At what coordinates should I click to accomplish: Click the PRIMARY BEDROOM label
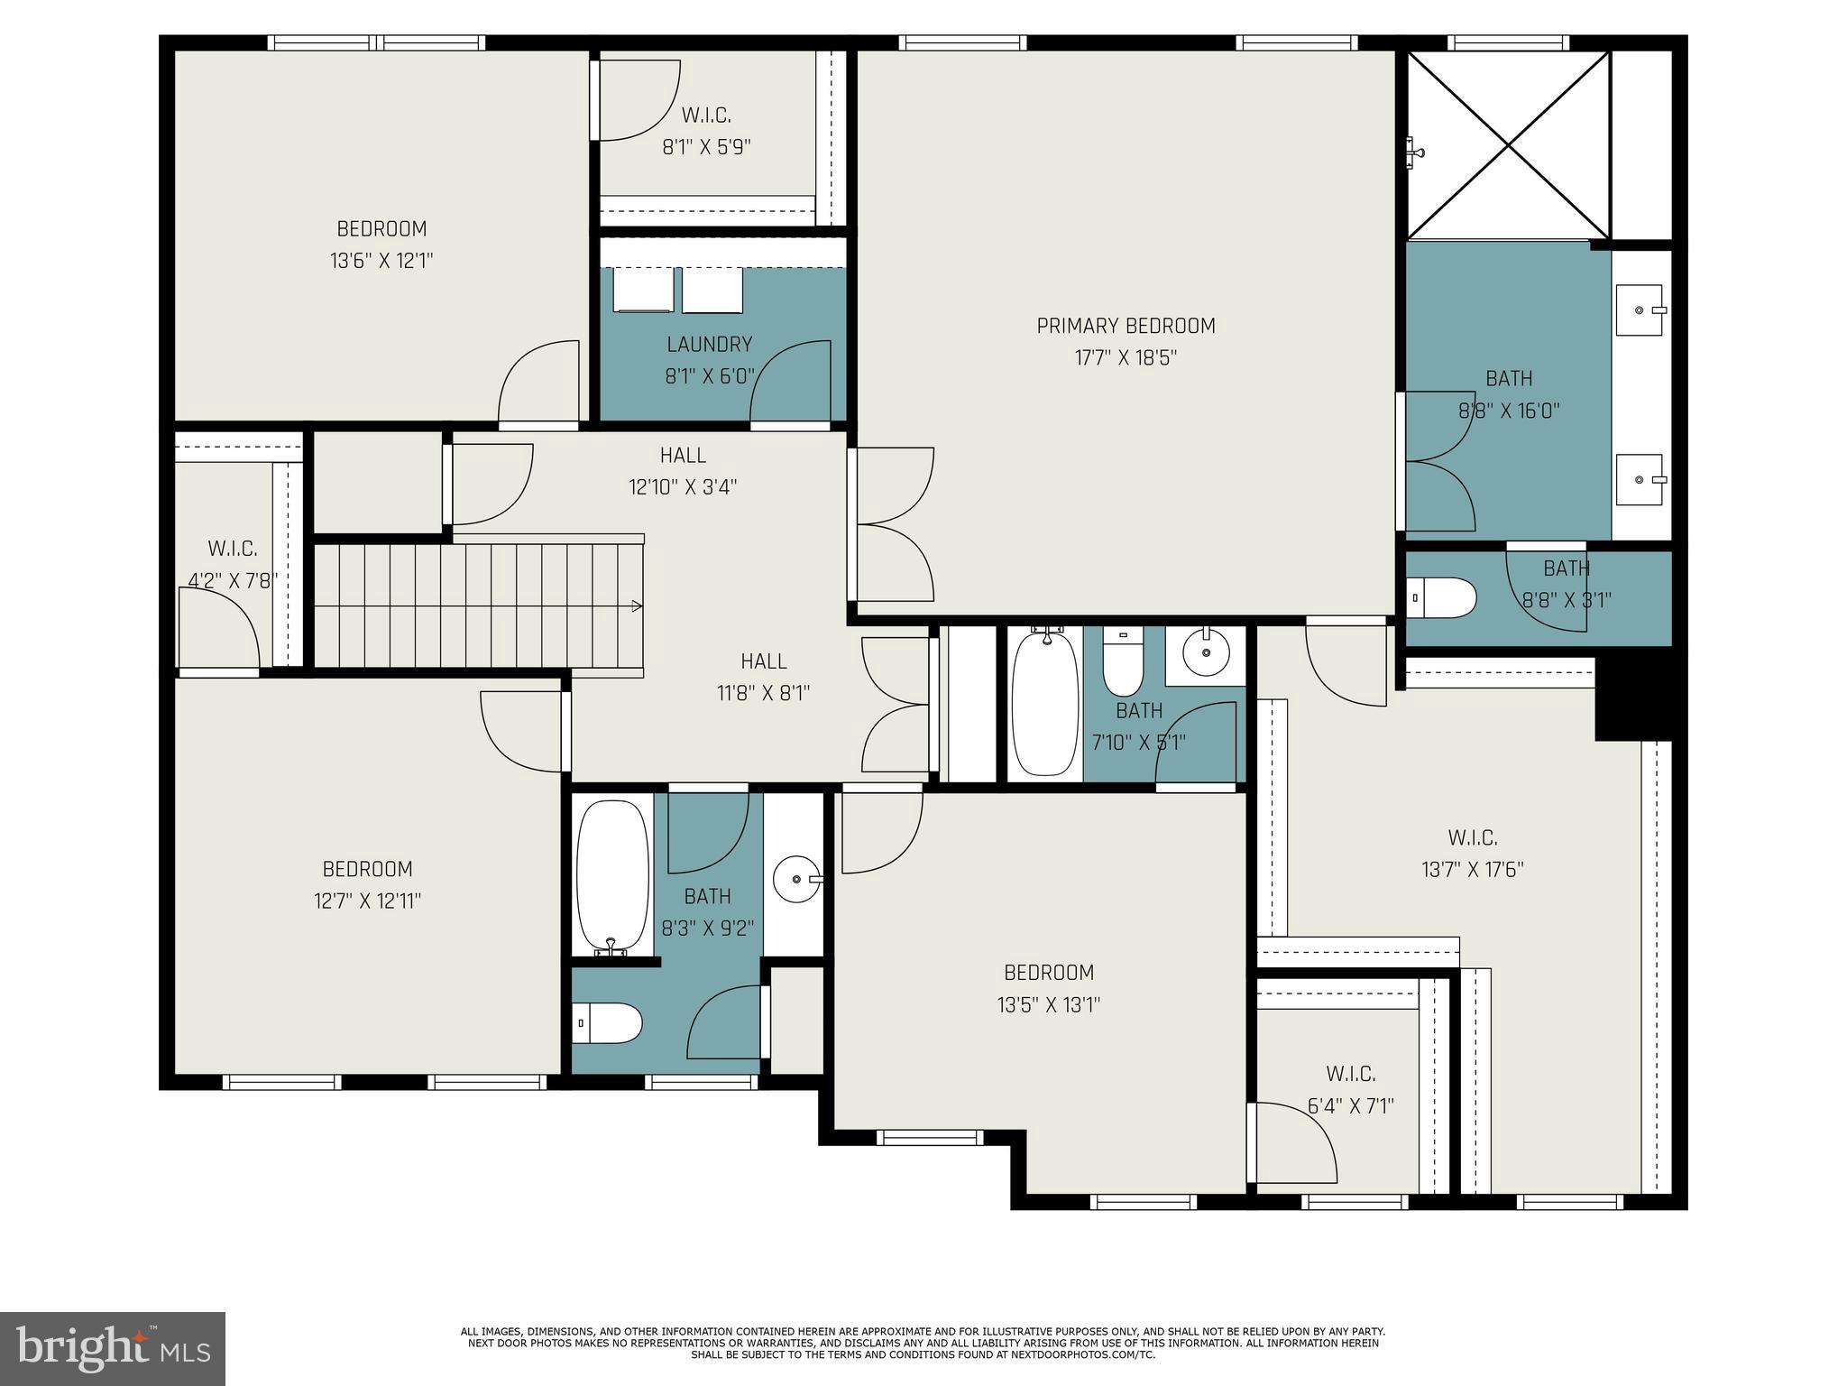pos(1126,326)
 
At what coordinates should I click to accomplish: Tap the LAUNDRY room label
pos(709,344)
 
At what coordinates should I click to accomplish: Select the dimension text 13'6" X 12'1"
pos(381,261)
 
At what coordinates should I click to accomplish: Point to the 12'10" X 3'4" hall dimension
pos(683,487)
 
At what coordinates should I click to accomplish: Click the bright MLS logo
pos(112,1348)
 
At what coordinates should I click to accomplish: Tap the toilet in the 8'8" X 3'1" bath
pos(1442,597)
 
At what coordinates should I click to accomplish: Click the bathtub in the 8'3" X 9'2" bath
pos(611,875)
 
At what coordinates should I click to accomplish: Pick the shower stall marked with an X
pos(1509,145)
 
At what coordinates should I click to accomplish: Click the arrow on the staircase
pos(636,605)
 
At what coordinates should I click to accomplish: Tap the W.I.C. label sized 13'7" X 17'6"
pos(1473,837)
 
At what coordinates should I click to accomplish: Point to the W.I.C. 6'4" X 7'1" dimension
pos(1350,1106)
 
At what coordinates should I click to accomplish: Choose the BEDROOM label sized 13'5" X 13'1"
pos(1049,972)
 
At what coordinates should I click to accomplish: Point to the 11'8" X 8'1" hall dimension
pos(763,693)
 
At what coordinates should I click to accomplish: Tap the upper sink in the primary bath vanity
pos(1640,310)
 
